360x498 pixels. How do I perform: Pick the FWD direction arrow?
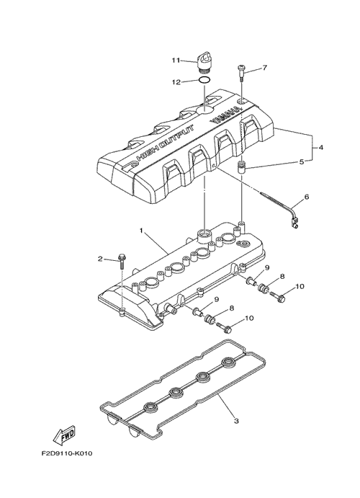point(63,436)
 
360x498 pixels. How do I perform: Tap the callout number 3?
point(236,421)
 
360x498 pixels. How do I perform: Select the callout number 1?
point(141,230)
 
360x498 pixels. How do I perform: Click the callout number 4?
point(320,147)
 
